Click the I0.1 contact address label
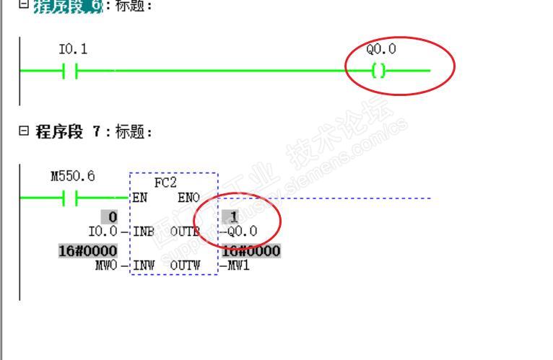coord(73,50)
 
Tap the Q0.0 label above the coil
coord(381,50)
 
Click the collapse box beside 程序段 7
coord(24,131)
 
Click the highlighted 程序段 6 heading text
coord(69,7)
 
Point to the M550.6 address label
coord(72,176)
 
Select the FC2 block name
coord(165,183)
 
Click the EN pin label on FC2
coord(140,198)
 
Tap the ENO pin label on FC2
coord(188,198)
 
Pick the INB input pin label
coord(144,232)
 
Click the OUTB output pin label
coord(185,232)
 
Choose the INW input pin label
coord(144,265)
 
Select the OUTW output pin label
coord(185,265)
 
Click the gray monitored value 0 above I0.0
coord(113,218)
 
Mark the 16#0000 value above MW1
coord(251,252)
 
